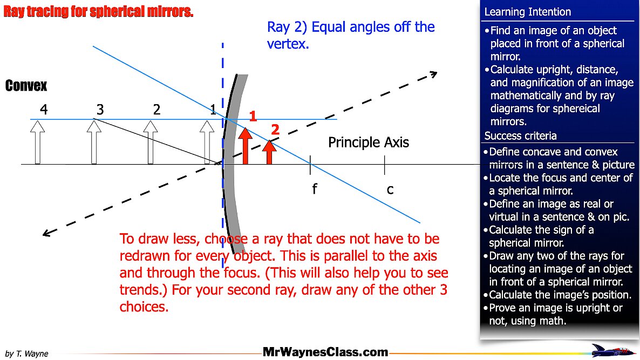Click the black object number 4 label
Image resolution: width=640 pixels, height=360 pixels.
(x=44, y=110)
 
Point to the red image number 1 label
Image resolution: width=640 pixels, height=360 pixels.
(x=253, y=116)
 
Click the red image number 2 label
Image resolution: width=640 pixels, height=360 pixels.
(x=275, y=130)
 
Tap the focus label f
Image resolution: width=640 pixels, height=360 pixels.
(x=315, y=189)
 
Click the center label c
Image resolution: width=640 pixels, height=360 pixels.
(x=390, y=189)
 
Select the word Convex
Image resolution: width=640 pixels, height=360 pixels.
(x=26, y=86)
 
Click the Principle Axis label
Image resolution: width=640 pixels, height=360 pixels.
(x=369, y=142)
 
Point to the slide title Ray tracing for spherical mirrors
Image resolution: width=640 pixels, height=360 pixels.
(x=98, y=11)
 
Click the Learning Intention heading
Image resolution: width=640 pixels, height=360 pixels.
(x=527, y=12)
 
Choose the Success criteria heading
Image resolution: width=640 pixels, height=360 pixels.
(x=520, y=135)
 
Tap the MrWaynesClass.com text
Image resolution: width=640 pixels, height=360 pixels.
(x=325, y=352)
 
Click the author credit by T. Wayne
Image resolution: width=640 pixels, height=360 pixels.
(x=27, y=354)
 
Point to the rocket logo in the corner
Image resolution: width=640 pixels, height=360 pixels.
(x=611, y=350)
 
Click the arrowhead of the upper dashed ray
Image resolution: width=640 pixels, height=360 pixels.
(x=432, y=74)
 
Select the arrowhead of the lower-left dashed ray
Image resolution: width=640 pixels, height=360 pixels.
(x=47, y=232)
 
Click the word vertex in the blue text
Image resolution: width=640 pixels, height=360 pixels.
(x=288, y=44)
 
